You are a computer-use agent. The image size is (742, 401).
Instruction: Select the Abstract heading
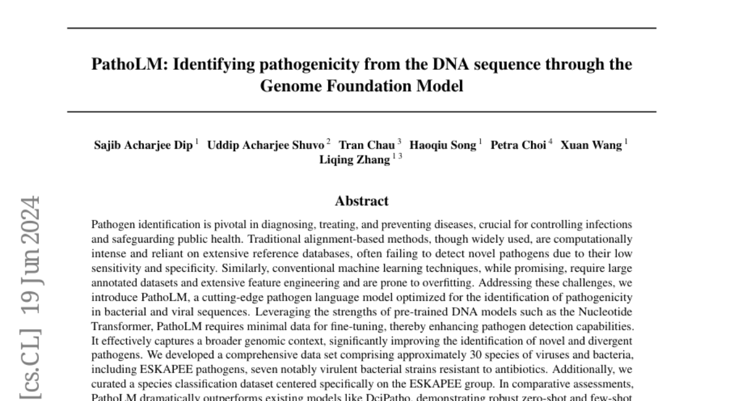tap(362, 201)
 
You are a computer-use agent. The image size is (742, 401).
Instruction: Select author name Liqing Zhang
tap(354, 160)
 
